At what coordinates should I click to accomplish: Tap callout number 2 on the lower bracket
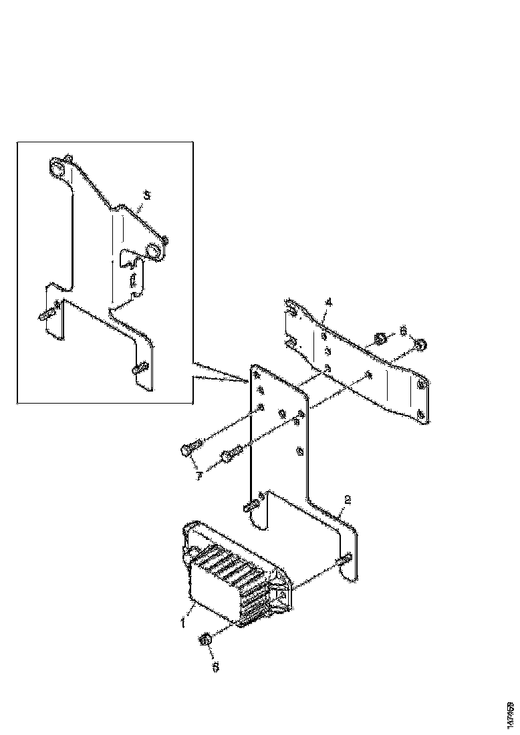pyautogui.click(x=348, y=499)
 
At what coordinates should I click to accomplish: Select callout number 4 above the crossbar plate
pyautogui.click(x=328, y=303)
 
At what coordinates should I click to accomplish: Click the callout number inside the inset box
pyautogui.click(x=147, y=195)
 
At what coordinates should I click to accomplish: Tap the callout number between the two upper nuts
pyautogui.click(x=402, y=330)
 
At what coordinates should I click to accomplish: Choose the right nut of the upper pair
pyautogui.click(x=421, y=345)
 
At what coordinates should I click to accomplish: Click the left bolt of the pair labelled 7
pyautogui.click(x=188, y=450)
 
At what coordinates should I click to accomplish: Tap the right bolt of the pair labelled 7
pyautogui.click(x=227, y=457)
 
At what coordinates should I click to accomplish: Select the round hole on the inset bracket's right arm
pyautogui.click(x=152, y=251)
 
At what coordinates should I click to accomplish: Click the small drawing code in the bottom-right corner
pyautogui.click(x=511, y=714)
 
